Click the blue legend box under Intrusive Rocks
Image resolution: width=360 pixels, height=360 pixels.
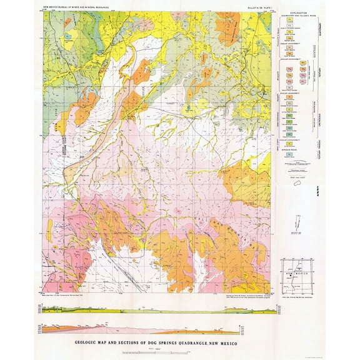point(291,154)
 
